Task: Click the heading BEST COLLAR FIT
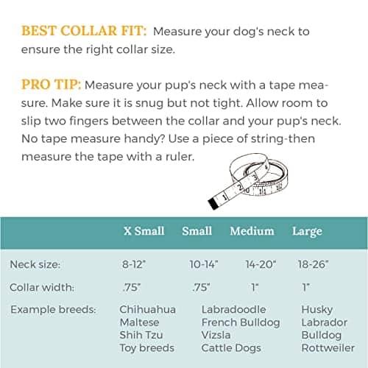coord(84,32)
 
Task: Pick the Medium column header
coord(252,231)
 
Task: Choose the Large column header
coord(307,231)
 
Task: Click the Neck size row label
coord(36,263)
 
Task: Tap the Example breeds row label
coord(53,309)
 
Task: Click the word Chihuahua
coord(147,309)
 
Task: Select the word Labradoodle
coord(233,309)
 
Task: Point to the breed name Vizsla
coord(216,335)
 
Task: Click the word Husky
coord(316,309)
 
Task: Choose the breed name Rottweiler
coord(328,347)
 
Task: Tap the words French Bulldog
coord(241,322)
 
